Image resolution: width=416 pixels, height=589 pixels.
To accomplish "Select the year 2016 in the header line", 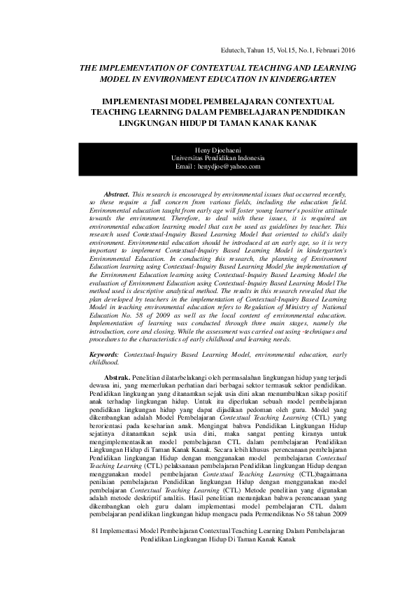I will (x=345, y=51).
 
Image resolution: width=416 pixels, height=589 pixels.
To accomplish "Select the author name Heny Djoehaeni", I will (x=208, y=150).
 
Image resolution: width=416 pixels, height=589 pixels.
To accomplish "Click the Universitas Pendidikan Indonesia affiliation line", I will (x=208, y=158).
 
